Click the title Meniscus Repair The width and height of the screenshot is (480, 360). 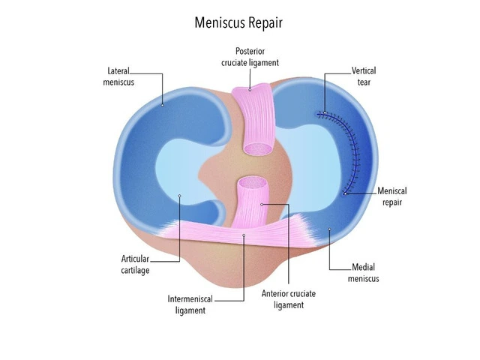[x=238, y=23]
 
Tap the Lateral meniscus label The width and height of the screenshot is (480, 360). [x=118, y=76]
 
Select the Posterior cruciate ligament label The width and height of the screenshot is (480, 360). [x=250, y=57]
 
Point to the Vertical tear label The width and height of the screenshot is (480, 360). [x=364, y=76]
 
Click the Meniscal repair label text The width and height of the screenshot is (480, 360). [x=391, y=196]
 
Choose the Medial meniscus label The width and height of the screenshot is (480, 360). [x=363, y=273]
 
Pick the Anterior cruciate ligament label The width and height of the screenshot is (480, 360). [x=288, y=299]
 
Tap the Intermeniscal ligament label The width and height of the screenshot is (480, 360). [x=190, y=304]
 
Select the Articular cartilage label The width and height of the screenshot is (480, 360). [x=135, y=265]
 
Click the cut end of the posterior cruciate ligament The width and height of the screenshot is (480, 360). [x=258, y=148]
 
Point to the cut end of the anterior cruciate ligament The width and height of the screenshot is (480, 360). [x=253, y=183]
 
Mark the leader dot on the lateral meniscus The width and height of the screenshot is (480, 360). [x=163, y=105]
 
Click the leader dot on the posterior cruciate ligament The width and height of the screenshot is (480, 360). [x=250, y=90]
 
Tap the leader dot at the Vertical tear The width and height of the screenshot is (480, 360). [x=325, y=112]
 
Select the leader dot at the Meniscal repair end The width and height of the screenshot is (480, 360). [x=345, y=193]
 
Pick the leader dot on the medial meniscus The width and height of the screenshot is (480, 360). [x=329, y=229]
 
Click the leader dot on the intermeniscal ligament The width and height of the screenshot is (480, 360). [x=244, y=235]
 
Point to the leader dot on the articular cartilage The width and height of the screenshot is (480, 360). [x=180, y=196]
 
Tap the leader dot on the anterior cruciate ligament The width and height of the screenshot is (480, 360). [x=262, y=204]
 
